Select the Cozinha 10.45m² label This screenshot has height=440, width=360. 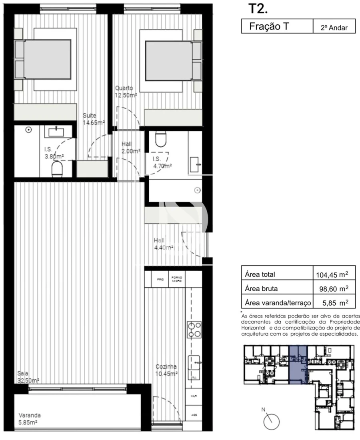[167, 370]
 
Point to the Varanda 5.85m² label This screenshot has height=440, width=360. [30, 418]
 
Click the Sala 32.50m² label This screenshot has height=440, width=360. [28, 377]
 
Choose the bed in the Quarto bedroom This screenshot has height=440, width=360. [168, 60]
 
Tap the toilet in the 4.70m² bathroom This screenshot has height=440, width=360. [160, 139]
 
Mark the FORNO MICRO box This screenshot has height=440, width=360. [176, 280]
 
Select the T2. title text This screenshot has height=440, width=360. [256, 9]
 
